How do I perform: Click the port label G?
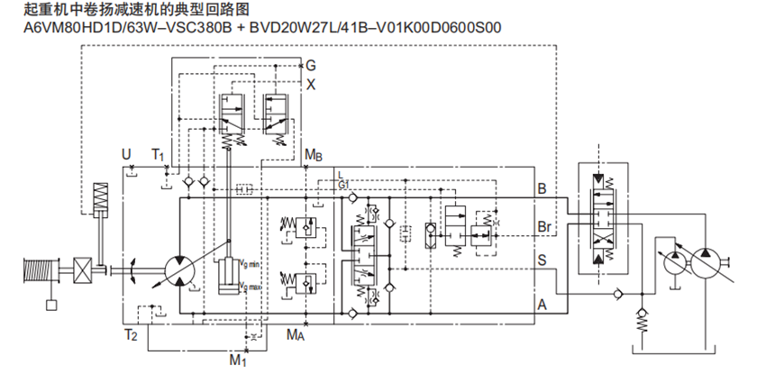tap(311, 66)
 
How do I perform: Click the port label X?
tap(311, 84)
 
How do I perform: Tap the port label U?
tap(126, 155)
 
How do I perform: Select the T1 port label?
tap(159, 155)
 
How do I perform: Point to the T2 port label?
tap(131, 335)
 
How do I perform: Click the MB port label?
tap(314, 155)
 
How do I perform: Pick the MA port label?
tap(296, 335)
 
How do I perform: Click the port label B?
tap(542, 189)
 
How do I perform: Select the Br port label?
tap(544, 225)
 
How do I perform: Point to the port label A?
tap(542, 304)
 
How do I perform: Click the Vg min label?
tap(250, 263)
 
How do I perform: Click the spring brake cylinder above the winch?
tap(100, 197)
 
